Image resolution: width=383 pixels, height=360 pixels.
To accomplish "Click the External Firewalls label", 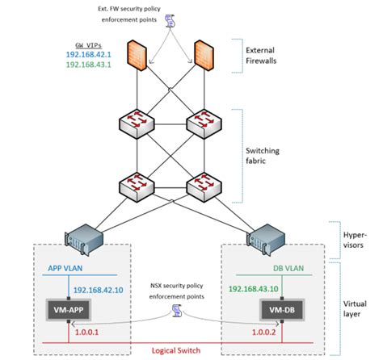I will click(266, 56).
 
